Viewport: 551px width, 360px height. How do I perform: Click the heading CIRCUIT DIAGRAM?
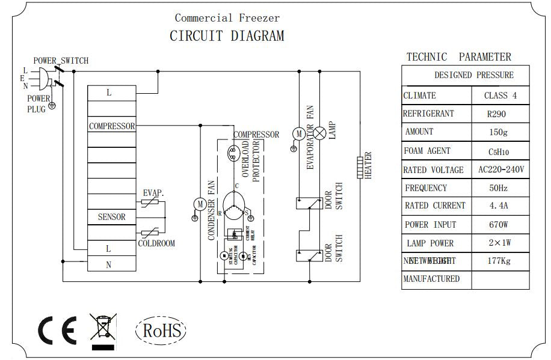point(227,36)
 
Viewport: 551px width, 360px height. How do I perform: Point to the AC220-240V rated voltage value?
point(500,169)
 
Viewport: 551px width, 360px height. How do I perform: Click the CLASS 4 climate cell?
point(500,96)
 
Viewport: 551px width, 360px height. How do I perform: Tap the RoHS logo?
point(161,330)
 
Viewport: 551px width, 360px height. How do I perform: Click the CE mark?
point(57,330)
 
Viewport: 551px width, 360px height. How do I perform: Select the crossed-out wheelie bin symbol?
point(102,331)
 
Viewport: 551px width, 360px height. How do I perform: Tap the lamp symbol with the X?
point(321,133)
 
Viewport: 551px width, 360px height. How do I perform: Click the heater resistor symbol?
point(360,166)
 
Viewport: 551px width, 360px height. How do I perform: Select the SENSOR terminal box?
point(111,217)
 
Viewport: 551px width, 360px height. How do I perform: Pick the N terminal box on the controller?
point(109,264)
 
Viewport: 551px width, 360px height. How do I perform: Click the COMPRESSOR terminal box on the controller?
point(111,126)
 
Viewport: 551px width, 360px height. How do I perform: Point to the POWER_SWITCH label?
point(60,61)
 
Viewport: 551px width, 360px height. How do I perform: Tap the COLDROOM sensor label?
point(156,243)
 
